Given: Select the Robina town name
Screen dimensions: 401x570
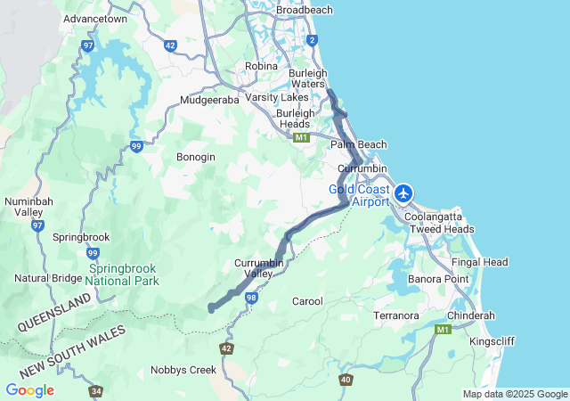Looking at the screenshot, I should point(261,66).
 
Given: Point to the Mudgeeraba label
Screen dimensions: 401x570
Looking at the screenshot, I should point(209,100).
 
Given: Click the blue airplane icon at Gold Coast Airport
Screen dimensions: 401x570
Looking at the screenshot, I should point(404,192).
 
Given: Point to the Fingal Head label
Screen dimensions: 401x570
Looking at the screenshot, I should point(479,262).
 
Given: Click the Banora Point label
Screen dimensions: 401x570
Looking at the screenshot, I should point(437,279).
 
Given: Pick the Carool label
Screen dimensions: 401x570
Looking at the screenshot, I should point(307,301).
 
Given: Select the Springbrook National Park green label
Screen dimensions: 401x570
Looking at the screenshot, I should point(124,274).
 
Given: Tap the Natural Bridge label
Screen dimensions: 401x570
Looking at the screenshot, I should point(44,278).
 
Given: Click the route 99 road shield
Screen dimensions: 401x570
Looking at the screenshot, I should point(135,146).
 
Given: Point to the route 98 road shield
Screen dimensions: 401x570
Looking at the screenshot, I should point(252,298).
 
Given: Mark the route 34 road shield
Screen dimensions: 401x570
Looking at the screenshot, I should point(95,390).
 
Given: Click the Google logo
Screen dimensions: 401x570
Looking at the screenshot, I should point(29,390).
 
